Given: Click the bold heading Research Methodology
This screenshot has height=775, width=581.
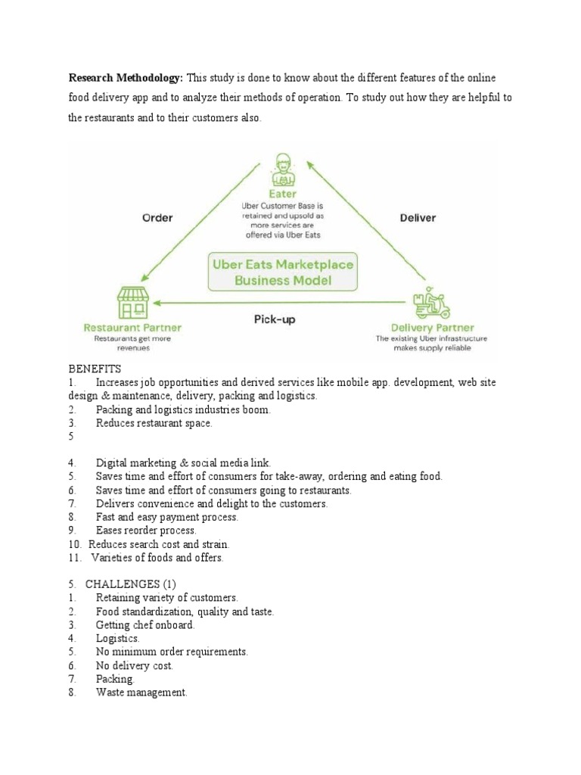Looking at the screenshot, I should pyautogui.click(x=126, y=78).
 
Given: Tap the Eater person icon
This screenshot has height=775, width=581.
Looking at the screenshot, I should pyautogui.click(x=283, y=170).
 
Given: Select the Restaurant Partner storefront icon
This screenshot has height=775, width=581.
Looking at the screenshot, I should pyautogui.click(x=133, y=303).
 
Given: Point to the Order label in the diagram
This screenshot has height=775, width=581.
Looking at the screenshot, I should pyautogui.click(x=157, y=217).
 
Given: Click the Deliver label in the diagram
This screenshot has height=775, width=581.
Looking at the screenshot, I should pyautogui.click(x=417, y=217).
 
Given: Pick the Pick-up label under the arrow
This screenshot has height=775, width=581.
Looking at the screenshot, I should pyautogui.click(x=274, y=319).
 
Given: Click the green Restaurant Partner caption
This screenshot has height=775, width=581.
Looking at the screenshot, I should pyautogui.click(x=133, y=328).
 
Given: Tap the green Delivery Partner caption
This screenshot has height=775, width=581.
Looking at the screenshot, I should pyautogui.click(x=432, y=328).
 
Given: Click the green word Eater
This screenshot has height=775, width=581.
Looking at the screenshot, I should pyautogui.click(x=283, y=194).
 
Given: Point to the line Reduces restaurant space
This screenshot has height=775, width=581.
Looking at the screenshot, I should pyautogui.click(x=154, y=423).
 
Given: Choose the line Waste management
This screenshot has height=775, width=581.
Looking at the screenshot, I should pyautogui.click(x=141, y=693).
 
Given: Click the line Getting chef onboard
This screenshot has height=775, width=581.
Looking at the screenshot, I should pyautogui.click(x=144, y=624).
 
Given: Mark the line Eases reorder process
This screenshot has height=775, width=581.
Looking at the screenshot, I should pyautogui.click(x=146, y=531).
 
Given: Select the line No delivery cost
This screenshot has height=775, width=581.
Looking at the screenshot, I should pyautogui.click(x=134, y=665).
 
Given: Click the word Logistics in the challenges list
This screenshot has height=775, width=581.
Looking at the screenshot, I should pyautogui.click(x=117, y=638).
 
